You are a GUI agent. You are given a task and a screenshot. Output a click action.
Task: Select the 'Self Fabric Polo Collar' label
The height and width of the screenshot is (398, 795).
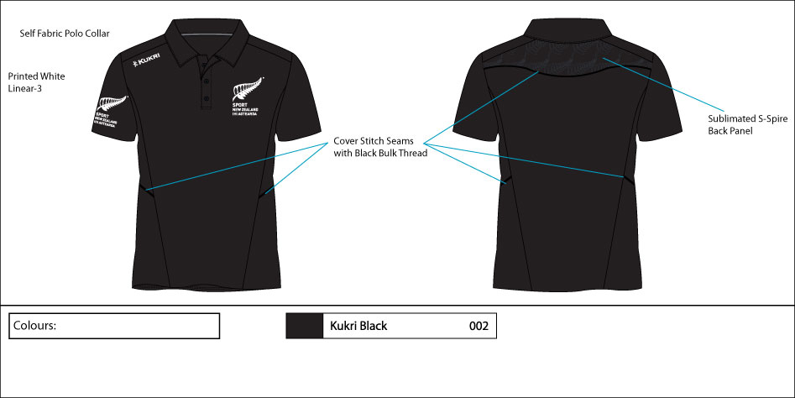click(x=65, y=34)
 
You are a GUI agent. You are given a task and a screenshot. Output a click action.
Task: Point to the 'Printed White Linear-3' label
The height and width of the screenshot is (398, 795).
click(x=36, y=82)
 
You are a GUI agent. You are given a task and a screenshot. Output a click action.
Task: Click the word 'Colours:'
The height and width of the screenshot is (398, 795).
click(x=34, y=325)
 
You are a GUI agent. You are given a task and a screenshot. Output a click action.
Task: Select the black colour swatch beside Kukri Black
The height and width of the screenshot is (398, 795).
click(x=305, y=326)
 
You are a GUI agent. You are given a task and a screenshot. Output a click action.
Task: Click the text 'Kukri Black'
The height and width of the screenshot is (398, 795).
click(x=358, y=326)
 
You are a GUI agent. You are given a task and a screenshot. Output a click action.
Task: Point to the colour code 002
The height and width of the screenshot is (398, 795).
click(x=479, y=326)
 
